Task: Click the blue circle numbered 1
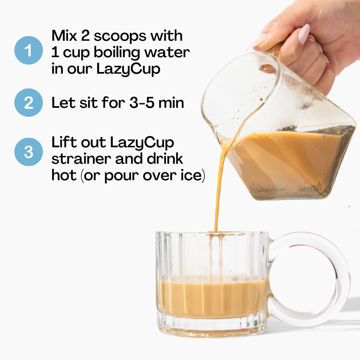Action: (28, 50)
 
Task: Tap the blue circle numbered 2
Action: (28, 103)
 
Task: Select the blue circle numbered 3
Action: (28, 152)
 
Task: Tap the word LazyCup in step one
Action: (128, 69)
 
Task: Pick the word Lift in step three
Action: (64, 142)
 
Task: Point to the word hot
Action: (64, 176)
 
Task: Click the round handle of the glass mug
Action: (329, 280)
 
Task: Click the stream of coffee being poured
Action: (218, 193)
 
